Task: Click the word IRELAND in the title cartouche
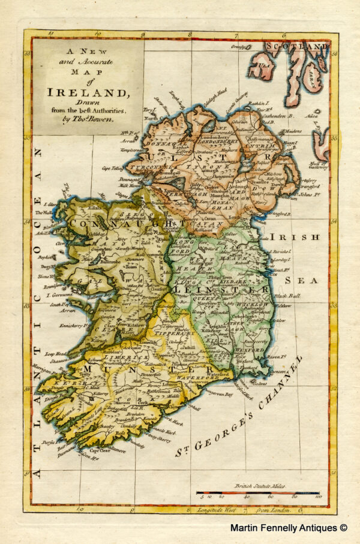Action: [x=89, y=92]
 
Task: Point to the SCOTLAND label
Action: [x=298, y=46]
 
